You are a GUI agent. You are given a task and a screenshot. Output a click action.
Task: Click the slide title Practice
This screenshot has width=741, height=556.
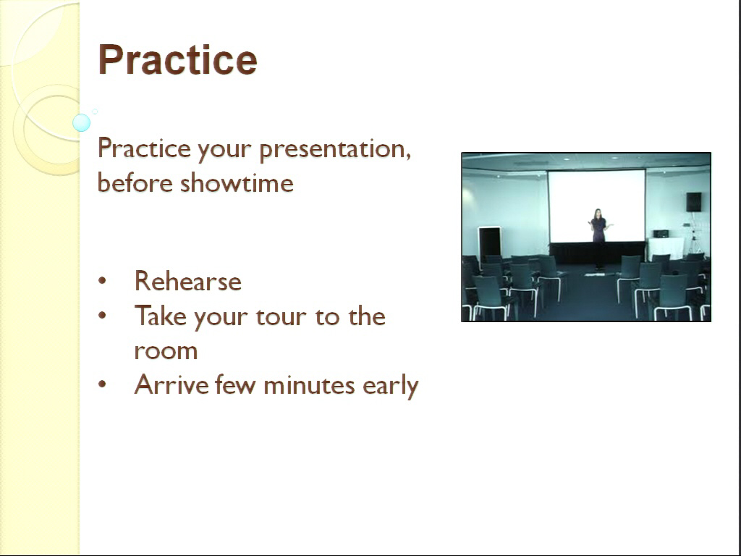[177, 59]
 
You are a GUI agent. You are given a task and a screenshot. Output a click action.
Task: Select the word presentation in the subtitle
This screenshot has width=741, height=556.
[335, 150]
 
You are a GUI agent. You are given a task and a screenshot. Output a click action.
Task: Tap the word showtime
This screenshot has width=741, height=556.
[237, 182]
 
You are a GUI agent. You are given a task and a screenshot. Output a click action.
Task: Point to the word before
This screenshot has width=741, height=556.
[135, 182]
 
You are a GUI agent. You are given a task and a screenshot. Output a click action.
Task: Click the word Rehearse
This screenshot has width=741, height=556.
[188, 281]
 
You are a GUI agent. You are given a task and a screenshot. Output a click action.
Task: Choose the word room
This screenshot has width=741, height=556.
[166, 351]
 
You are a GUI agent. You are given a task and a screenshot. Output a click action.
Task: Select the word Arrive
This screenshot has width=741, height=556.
[172, 384]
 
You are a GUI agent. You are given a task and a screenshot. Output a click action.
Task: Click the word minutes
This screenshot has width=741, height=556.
[309, 384]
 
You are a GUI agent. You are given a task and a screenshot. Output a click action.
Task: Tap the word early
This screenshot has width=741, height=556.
[390, 386]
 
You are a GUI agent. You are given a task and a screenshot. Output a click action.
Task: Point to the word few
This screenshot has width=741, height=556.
[236, 384]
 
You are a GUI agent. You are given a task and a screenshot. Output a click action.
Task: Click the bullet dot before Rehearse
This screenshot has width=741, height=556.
[102, 281]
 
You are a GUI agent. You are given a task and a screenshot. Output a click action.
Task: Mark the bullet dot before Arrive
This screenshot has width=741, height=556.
[102, 384]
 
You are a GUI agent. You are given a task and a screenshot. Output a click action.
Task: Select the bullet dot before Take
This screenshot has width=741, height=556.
[102, 316]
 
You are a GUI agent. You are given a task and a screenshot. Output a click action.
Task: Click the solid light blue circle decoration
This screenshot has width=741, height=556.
[81, 122]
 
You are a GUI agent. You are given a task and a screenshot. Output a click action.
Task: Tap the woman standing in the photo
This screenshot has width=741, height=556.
[598, 232]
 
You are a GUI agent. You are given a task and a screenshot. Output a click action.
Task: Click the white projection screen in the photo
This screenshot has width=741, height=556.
[597, 206]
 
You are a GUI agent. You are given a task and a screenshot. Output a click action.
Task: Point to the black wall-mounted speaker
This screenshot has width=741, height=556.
[694, 202]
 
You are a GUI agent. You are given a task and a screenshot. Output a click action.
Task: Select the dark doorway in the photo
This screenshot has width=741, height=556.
[490, 243]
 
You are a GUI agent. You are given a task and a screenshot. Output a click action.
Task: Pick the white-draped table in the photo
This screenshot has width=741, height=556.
[666, 248]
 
